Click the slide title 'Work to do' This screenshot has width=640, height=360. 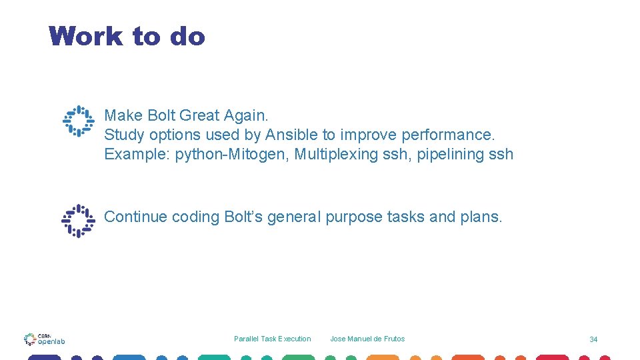pos(127,36)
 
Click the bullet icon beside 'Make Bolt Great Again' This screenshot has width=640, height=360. pos(79,121)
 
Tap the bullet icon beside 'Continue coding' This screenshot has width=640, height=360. pos(79,221)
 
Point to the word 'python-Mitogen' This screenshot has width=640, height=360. pos(231,154)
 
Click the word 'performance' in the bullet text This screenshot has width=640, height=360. pos(447,135)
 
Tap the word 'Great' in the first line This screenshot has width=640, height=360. pos(199,115)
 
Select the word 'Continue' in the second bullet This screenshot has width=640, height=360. pos(135,217)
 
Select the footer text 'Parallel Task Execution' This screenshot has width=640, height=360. pos(272,339)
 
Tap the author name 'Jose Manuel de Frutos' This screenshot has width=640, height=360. pos(367,339)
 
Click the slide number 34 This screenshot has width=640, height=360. pos(593,339)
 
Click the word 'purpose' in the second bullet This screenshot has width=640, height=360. pos(354,217)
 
